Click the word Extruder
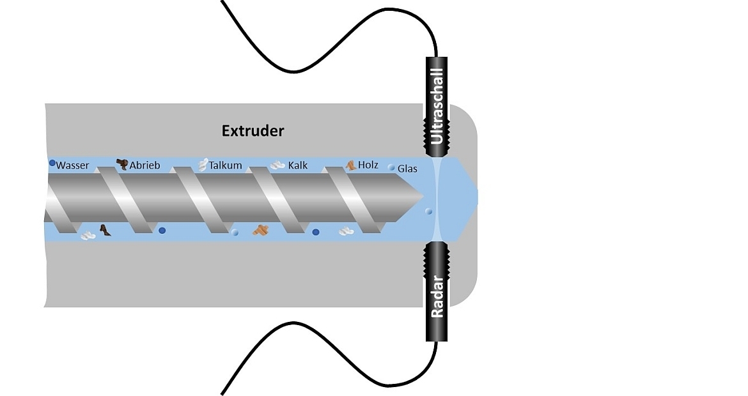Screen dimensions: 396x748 (253, 131)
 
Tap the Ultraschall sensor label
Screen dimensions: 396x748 (437, 105)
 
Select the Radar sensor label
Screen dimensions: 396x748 (437, 296)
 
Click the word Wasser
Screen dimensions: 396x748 (72, 165)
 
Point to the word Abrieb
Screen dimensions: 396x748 (144, 165)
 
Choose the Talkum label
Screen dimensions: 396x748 (225, 165)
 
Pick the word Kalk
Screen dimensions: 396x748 (298, 165)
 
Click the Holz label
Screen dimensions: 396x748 (368, 165)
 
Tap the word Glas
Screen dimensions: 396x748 (407, 169)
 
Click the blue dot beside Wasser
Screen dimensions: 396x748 (52, 164)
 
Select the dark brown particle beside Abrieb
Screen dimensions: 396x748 (121, 164)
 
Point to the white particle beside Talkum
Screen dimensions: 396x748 (203, 164)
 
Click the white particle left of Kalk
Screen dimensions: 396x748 (277, 165)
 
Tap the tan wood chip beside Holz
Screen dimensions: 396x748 (351, 165)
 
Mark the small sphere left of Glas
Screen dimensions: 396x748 (391, 167)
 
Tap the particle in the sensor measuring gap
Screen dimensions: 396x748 (428, 211)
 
